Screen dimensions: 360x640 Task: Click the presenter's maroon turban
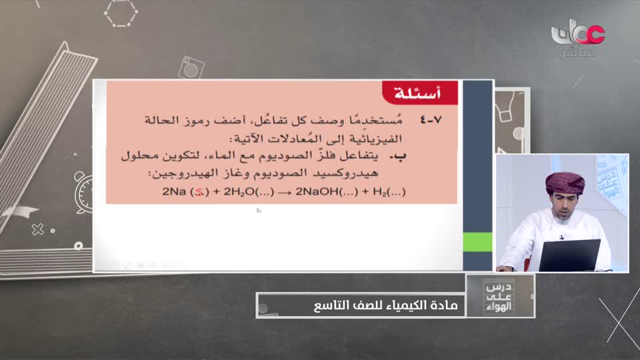(x=565, y=181)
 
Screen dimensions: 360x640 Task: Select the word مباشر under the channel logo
(x=577, y=53)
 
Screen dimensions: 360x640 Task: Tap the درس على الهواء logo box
(x=500, y=295)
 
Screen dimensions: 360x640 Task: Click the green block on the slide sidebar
(x=477, y=242)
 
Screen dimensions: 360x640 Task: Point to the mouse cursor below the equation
(x=259, y=211)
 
